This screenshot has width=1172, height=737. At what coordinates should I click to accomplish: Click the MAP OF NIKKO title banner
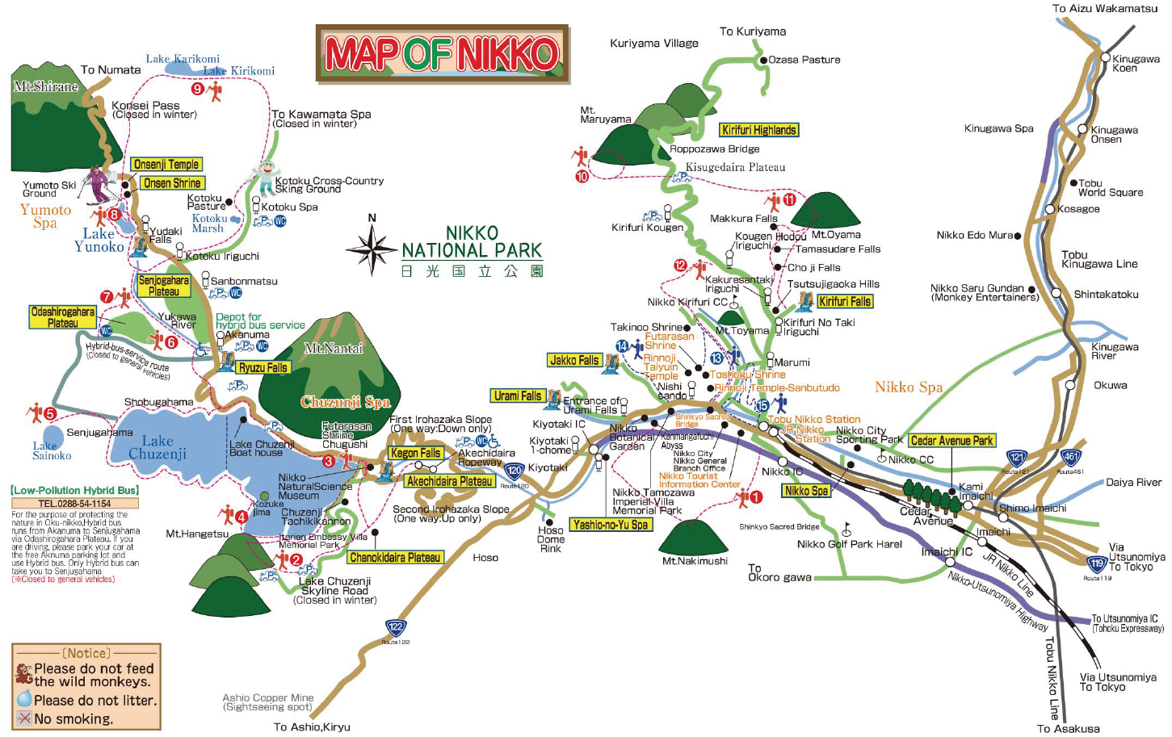click(442, 54)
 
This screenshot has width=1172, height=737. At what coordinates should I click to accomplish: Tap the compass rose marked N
click(372, 249)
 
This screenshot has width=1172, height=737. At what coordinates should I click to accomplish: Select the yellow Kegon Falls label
click(415, 453)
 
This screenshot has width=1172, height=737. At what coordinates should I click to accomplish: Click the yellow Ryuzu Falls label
click(263, 367)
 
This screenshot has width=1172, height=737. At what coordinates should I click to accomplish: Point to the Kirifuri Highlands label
click(758, 130)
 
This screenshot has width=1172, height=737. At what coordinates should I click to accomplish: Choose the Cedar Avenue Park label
click(951, 441)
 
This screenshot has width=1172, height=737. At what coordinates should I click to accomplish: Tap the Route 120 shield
click(515, 470)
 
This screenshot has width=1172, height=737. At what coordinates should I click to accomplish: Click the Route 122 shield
click(395, 627)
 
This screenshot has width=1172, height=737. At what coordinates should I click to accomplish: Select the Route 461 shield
click(1070, 458)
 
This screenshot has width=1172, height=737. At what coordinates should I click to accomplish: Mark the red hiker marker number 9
click(198, 89)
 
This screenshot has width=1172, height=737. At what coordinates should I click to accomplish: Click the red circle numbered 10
click(582, 176)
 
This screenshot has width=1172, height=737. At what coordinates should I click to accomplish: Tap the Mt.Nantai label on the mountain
click(334, 348)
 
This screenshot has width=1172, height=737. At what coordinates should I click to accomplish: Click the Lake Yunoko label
click(99, 241)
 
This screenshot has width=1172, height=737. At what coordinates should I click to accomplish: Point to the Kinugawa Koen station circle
click(1106, 57)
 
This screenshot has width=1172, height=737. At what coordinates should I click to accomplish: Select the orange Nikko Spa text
click(909, 387)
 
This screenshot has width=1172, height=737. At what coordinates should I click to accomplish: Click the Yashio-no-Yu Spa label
click(610, 525)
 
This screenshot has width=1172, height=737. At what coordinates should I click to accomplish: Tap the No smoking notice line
click(73, 718)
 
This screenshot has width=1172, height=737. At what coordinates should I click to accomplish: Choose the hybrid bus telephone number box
click(74, 503)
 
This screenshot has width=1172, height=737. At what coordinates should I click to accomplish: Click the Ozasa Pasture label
click(804, 60)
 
